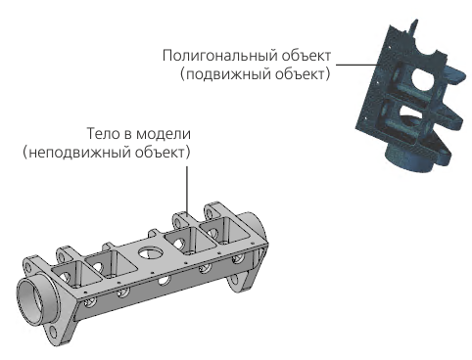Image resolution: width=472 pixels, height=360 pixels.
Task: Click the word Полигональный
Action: (x=220, y=56)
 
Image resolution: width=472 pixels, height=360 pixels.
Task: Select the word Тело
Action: (x=100, y=134)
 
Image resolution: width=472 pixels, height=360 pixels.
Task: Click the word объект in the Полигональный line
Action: (x=307, y=56)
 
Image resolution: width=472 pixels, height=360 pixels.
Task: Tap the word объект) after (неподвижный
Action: (x=163, y=153)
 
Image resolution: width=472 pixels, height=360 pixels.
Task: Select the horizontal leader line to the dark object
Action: (x=357, y=65)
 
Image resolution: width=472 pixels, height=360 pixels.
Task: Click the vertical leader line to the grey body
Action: (x=187, y=190)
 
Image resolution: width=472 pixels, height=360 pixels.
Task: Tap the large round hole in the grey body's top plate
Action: (x=150, y=252)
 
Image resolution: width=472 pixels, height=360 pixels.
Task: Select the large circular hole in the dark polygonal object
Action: (x=423, y=77)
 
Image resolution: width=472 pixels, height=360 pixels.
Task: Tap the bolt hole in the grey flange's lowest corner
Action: (x=53, y=333)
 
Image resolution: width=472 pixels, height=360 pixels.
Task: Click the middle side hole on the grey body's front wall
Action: (x=165, y=280)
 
